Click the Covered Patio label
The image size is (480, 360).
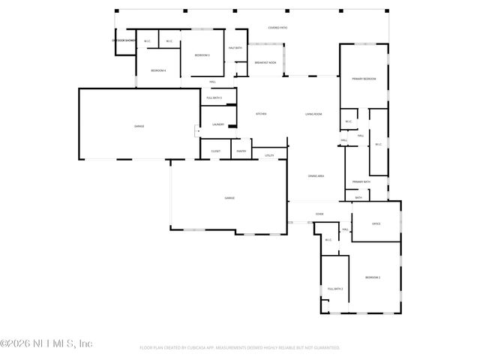tap(278, 28)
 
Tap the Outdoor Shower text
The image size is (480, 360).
tap(124, 40)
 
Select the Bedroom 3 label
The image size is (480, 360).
tap(202, 55)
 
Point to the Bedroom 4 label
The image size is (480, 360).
tap(157, 70)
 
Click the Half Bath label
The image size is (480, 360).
tap(235, 48)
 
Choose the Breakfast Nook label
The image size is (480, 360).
tap(265, 63)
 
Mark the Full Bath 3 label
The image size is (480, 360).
tap(214, 98)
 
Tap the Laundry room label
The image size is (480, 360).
tap(218, 124)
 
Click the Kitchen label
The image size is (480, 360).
tap(261, 114)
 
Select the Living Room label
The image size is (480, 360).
tap(313, 114)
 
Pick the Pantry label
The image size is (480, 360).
tap(241, 151)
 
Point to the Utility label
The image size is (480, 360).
tap(269, 156)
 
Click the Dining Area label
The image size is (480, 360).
tap(316, 175)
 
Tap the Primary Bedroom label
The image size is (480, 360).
tap(364, 79)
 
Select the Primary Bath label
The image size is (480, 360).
tap(361, 181)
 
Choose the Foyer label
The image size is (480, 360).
tap(319, 214)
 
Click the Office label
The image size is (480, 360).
tap(376, 223)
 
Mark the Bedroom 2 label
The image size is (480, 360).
tap(373, 277)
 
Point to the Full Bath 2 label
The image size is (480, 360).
tap(334, 289)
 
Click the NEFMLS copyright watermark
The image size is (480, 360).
tap(46, 343)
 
